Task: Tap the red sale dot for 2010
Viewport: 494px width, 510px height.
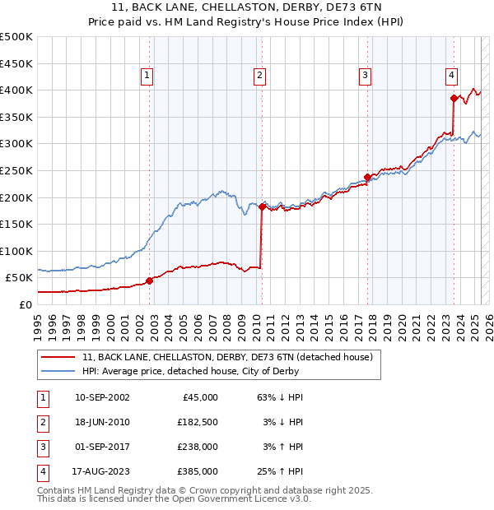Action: (x=262, y=206)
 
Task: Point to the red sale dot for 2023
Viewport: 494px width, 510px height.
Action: (x=454, y=98)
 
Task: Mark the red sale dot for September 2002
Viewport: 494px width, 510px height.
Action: (x=150, y=280)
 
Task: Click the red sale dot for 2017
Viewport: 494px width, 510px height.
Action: (x=367, y=177)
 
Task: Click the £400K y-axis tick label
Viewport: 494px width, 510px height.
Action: (x=16, y=90)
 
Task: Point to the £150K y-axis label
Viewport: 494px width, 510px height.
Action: (x=16, y=224)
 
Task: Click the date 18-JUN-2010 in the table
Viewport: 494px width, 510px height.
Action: (x=101, y=422)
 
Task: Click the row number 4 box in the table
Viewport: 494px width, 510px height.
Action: (x=42, y=471)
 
